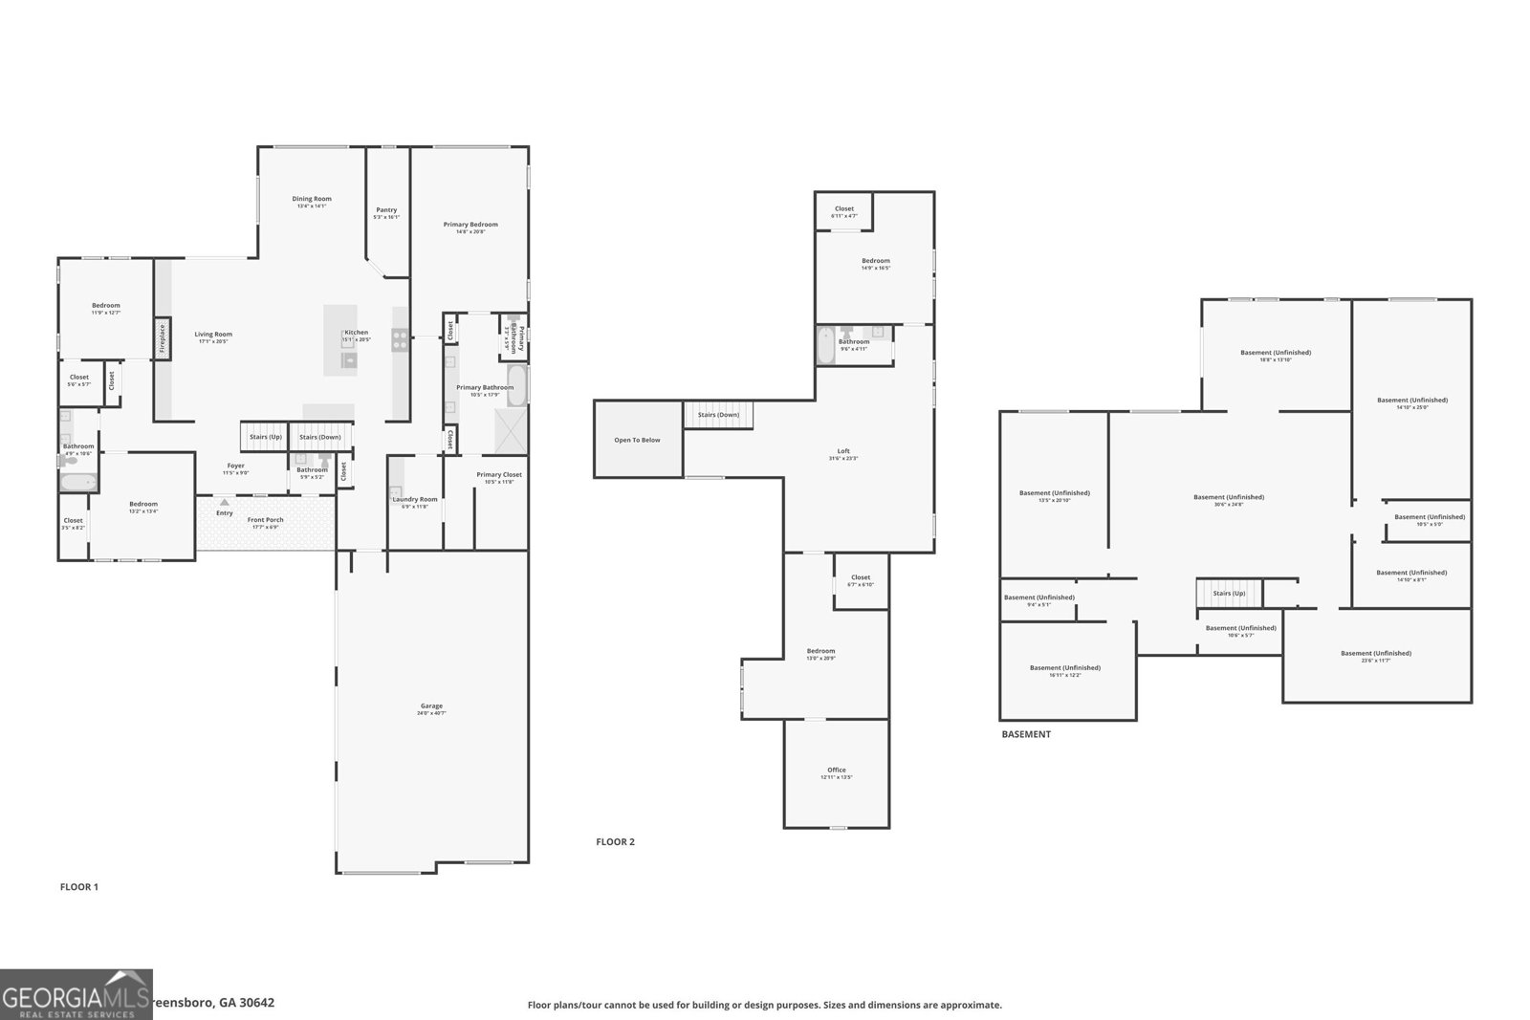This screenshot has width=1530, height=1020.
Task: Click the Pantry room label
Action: [x=386, y=210]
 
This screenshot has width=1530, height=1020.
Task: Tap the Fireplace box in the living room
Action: [x=163, y=338]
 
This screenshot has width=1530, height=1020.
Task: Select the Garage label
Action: [x=431, y=706]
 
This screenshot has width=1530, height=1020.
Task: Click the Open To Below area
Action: [x=637, y=440]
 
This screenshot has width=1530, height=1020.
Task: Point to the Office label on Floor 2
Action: [x=837, y=770]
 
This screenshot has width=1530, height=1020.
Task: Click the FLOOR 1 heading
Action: [x=79, y=887]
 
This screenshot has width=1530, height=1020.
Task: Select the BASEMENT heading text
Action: [x=1026, y=734]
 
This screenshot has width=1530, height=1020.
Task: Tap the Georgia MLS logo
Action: [x=76, y=994]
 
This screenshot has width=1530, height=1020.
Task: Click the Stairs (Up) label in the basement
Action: [x=1229, y=594]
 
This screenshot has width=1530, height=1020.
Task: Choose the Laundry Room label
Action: [x=415, y=499]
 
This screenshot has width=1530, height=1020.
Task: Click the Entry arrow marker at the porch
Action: [x=225, y=501]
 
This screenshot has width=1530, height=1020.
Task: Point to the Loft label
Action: [x=843, y=451]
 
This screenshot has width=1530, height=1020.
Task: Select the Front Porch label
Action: [x=265, y=520]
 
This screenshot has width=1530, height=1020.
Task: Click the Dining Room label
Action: [x=312, y=199]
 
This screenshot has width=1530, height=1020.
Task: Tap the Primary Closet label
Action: [x=499, y=475]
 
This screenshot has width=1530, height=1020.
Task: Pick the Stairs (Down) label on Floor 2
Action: [x=718, y=415]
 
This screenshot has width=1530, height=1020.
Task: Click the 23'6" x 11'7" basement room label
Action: [x=1376, y=654]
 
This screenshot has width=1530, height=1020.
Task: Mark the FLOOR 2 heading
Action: [x=615, y=842]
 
